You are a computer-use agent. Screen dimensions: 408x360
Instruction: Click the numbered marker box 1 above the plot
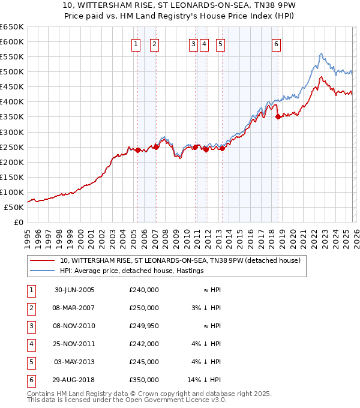137,44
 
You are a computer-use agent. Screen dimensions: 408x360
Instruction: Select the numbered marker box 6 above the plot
276,44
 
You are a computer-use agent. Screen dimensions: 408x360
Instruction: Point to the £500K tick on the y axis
12,72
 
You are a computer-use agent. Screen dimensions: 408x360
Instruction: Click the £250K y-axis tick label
12,147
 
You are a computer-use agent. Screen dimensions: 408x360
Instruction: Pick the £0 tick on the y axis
19,222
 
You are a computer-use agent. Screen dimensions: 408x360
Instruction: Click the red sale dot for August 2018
278,117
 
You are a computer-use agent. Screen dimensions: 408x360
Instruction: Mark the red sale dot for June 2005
137,150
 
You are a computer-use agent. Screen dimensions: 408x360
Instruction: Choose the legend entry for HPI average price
132,271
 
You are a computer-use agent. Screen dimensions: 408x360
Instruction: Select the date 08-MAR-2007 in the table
74,308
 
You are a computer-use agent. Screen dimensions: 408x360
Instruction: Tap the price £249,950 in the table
144,326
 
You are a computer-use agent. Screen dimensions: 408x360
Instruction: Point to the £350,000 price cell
144,380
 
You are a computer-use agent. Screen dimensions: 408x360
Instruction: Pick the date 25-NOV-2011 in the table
74,344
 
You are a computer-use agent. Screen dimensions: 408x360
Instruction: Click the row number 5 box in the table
29,362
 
